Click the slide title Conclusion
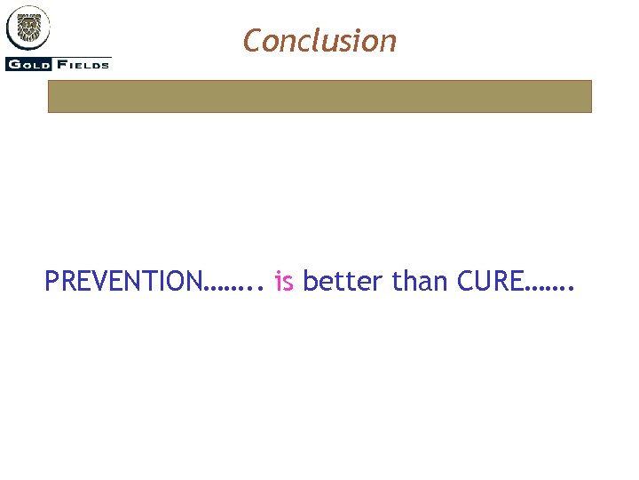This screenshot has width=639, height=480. click(x=319, y=41)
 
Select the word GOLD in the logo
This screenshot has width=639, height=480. click(x=28, y=64)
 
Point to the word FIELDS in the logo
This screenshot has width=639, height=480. click(x=85, y=64)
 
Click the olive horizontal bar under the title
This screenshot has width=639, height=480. click(x=319, y=96)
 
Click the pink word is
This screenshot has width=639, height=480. click(x=284, y=282)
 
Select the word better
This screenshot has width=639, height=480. click(x=343, y=282)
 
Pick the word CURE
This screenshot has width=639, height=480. click(x=490, y=282)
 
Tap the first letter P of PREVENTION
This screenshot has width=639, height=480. click(x=52, y=282)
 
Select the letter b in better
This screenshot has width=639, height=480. click(x=311, y=282)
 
